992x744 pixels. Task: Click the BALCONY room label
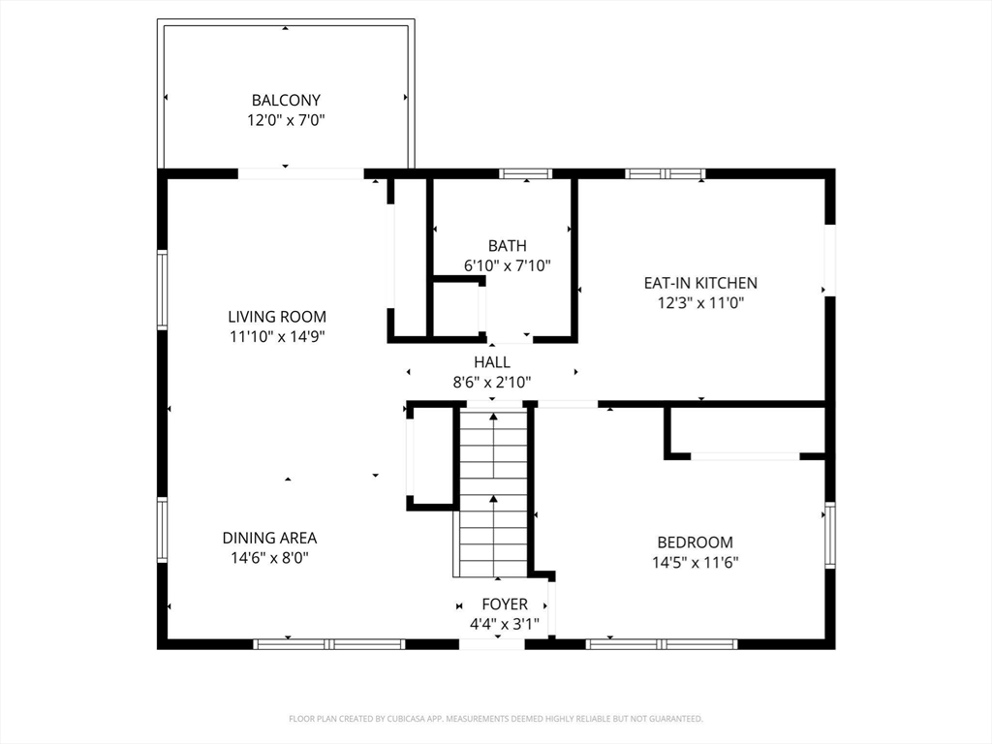click(x=286, y=100)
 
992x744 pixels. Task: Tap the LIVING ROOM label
click(x=277, y=317)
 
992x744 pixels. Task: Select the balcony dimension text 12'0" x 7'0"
click(x=286, y=120)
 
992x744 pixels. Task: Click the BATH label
click(x=507, y=245)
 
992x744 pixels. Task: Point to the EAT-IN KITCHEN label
click(x=700, y=283)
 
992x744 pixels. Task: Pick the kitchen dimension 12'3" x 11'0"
click(x=700, y=303)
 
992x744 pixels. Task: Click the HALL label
click(x=492, y=362)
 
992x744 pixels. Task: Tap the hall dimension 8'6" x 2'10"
click(x=492, y=382)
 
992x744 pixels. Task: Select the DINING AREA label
click(x=269, y=538)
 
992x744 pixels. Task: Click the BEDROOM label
click(x=696, y=542)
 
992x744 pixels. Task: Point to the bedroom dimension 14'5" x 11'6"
click(x=696, y=563)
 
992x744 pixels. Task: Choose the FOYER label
click(x=504, y=604)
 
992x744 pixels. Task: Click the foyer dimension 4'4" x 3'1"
click(x=504, y=625)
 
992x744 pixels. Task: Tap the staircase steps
click(x=493, y=493)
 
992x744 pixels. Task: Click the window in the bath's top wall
click(x=526, y=173)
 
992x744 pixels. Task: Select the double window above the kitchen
click(x=665, y=173)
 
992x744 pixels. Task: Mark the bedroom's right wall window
click(x=830, y=535)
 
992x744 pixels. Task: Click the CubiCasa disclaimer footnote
click(x=496, y=719)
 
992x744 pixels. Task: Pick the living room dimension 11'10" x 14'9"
click(x=277, y=336)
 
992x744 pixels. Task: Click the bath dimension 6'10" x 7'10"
click(x=507, y=265)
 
